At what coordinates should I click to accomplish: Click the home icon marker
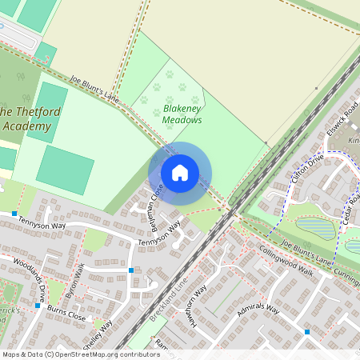[180, 173]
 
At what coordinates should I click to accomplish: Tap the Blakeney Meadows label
[182, 113]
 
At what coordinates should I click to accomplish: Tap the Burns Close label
[66, 317]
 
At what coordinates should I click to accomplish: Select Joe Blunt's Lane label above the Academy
[94, 88]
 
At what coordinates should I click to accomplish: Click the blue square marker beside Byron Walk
[130, 270]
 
